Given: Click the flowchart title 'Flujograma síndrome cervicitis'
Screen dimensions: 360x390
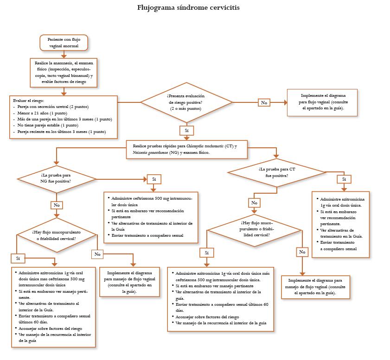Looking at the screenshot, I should click(x=188, y=8).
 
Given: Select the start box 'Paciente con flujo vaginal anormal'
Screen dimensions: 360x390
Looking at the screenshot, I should click(x=64, y=43).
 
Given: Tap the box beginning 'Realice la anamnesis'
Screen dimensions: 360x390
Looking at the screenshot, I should click(x=64, y=72).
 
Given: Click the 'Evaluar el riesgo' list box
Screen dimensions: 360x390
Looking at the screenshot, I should click(x=64, y=116).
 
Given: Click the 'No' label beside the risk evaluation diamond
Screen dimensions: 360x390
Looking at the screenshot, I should click(x=264, y=102).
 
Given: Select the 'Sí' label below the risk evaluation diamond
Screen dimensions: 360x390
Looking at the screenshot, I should click(x=186, y=131).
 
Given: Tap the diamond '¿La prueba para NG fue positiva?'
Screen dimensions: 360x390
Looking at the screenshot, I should click(x=56, y=178).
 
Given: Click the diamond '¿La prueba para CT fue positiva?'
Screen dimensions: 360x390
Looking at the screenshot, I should click(x=277, y=172).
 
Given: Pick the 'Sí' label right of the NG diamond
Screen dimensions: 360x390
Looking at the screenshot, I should click(x=153, y=179).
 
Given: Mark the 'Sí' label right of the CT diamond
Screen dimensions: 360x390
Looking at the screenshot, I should click(x=344, y=179).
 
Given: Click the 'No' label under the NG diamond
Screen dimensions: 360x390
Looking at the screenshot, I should click(x=57, y=204).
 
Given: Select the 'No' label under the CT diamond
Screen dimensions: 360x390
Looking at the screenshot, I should click(x=254, y=202).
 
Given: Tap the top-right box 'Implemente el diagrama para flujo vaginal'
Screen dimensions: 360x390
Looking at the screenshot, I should click(x=323, y=102).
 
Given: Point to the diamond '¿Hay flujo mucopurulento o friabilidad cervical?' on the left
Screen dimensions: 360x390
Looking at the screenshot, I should click(x=56, y=235).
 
